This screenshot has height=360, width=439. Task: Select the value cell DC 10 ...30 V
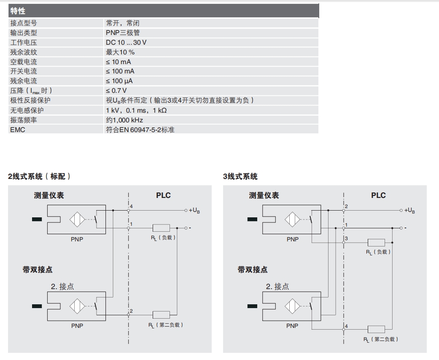(x=126, y=43)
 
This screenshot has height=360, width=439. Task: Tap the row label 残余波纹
(x=24, y=52)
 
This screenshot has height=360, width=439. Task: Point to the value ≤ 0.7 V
(x=116, y=91)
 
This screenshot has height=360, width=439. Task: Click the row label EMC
(x=17, y=130)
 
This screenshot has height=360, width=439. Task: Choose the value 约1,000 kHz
(x=124, y=120)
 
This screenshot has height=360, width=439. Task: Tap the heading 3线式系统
(x=240, y=176)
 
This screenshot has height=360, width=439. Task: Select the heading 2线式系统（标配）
(x=40, y=176)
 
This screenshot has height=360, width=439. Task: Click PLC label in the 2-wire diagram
(x=163, y=195)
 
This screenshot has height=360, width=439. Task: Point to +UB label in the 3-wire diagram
(x=409, y=210)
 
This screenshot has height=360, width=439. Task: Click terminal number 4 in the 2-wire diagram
(x=132, y=206)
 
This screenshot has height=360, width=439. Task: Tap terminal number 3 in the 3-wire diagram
(x=346, y=239)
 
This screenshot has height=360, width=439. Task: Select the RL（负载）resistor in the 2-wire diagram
(x=161, y=227)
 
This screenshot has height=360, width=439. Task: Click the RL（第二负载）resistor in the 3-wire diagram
(x=376, y=330)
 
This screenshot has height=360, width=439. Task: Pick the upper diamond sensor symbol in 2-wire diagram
(x=76, y=219)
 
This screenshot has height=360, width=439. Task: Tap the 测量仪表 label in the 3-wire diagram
(x=264, y=195)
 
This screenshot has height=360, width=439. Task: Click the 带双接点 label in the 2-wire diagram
(x=38, y=270)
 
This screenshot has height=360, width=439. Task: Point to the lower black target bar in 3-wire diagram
(x=252, y=306)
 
